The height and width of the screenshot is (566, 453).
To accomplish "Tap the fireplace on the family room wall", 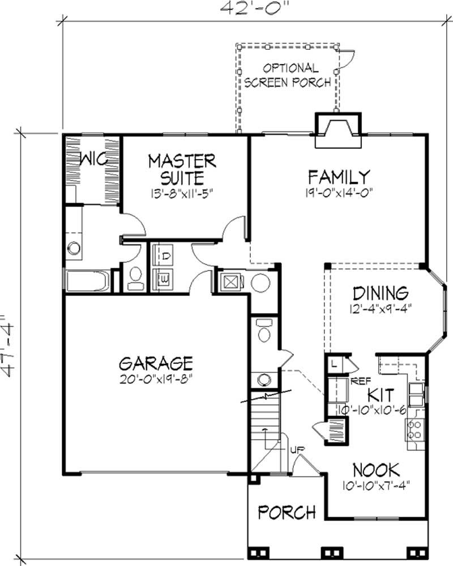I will point(337,130).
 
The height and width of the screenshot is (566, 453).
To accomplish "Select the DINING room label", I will point(380,293).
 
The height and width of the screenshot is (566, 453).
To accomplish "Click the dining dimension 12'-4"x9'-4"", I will point(380,309).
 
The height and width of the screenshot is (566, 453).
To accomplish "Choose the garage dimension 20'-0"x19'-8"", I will point(156,378).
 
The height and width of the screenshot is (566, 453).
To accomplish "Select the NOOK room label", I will point(376,469).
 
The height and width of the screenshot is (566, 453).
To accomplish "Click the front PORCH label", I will point(287,512).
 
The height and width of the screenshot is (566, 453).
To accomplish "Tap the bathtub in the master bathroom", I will point(88,281).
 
